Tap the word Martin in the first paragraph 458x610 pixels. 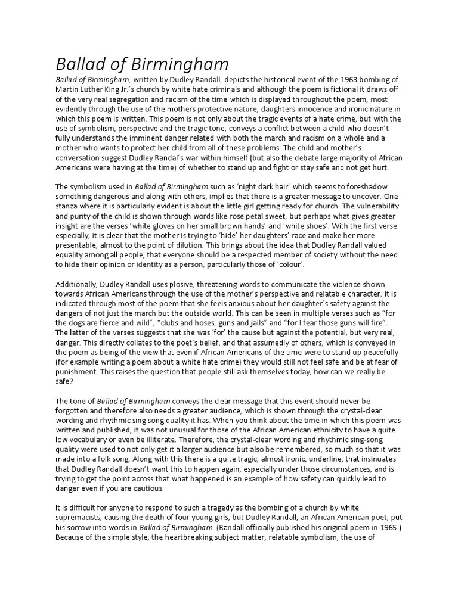(x=70, y=91)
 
